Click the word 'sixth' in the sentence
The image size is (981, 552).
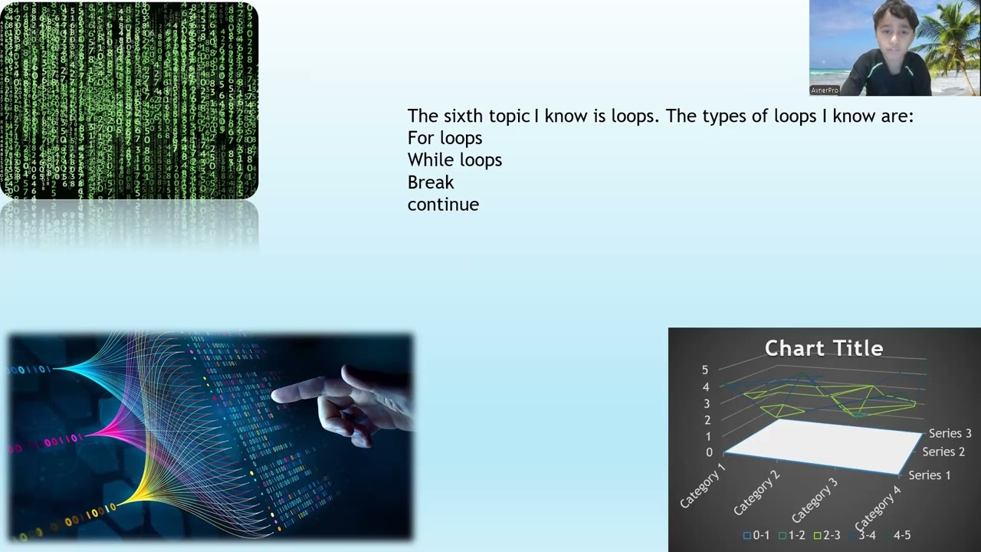[464, 117]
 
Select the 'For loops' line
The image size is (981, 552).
[445, 139]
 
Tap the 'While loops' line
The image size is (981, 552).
[454, 160]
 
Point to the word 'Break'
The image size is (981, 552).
[431, 182]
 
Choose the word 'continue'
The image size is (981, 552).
[443, 205]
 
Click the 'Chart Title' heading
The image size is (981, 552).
[824, 349]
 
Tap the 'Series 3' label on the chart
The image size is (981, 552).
[950, 434]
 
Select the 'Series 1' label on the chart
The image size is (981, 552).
[929, 475]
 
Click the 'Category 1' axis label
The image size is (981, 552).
[703, 485]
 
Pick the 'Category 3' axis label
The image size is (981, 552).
[815, 500]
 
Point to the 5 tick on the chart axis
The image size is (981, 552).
[705, 370]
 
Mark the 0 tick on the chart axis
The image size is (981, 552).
[708, 452]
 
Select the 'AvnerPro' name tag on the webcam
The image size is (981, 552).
[825, 90]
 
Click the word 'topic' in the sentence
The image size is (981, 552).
[509, 117]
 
